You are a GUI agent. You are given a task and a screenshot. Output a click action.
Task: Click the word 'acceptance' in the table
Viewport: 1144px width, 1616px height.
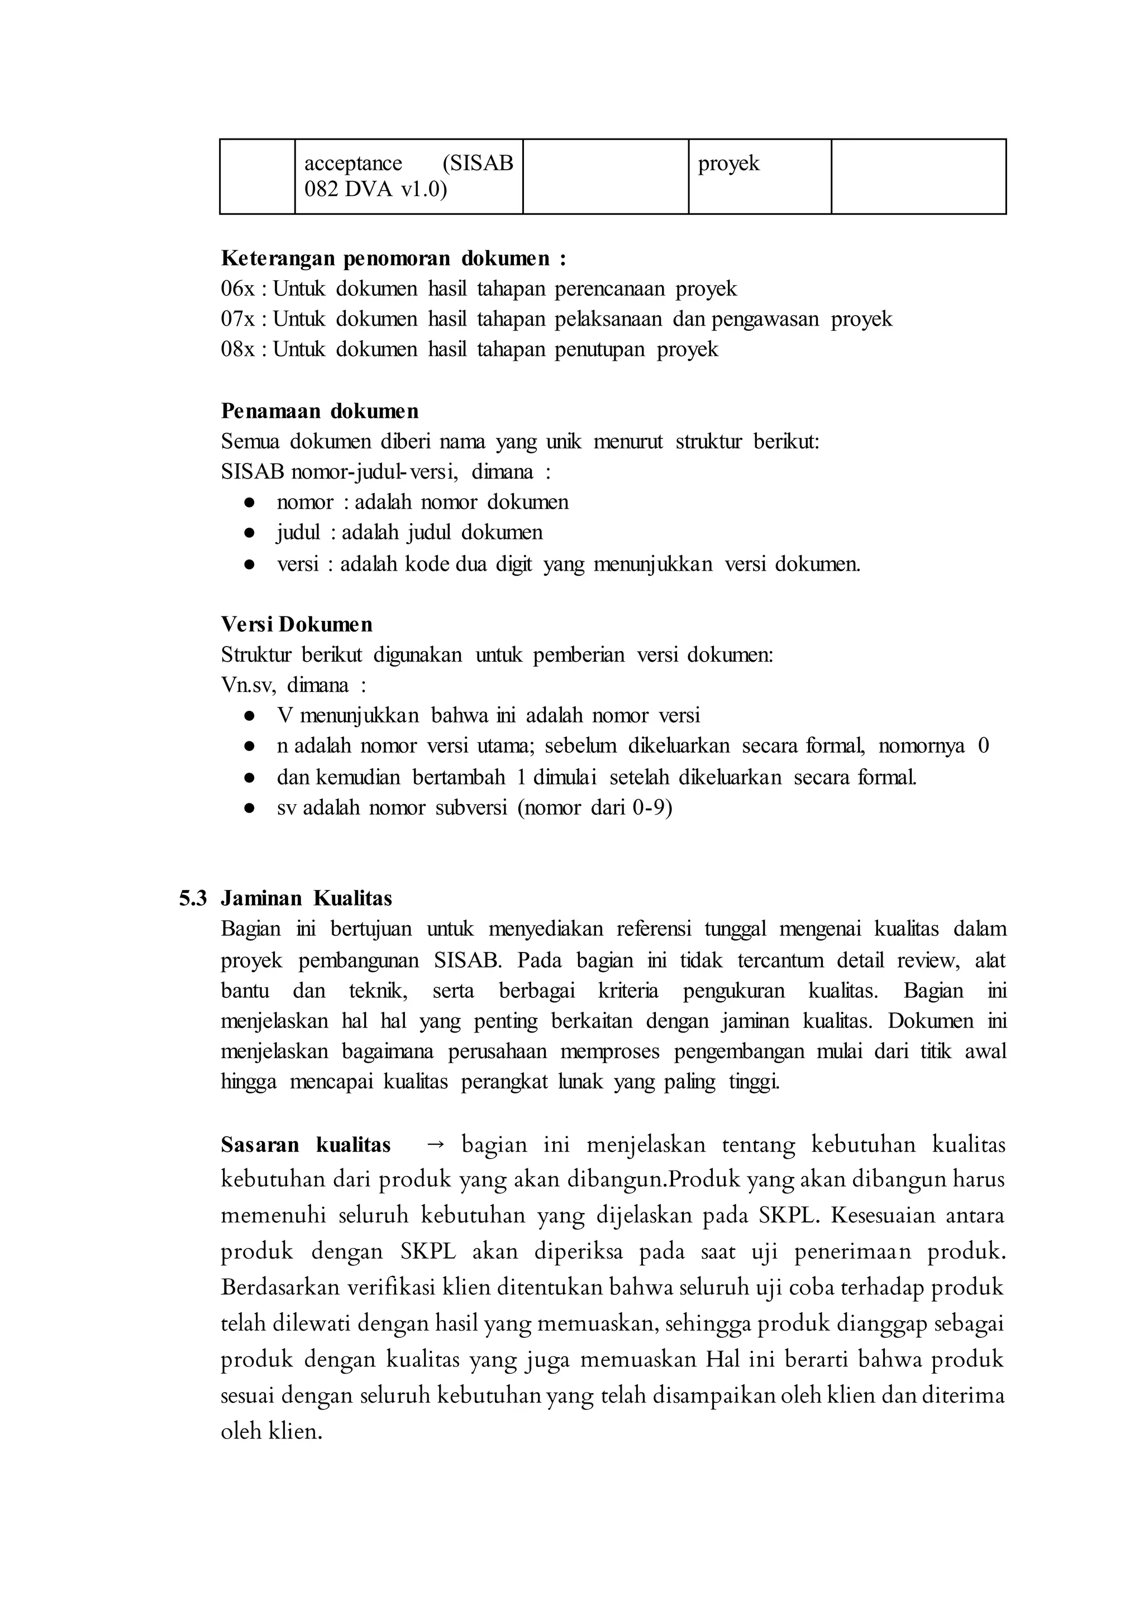click(x=353, y=164)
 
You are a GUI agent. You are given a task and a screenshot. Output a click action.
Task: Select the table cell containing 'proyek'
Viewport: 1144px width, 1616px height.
click(x=759, y=176)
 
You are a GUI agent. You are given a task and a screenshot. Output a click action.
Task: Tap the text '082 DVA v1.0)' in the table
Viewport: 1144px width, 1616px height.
click(x=375, y=190)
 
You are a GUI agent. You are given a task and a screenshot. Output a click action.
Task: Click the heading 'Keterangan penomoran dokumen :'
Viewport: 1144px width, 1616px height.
click(x=393, y=259)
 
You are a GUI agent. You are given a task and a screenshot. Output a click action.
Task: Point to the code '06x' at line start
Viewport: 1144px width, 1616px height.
click(x=237, y=289)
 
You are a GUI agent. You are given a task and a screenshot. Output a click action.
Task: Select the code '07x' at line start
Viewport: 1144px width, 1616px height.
click(x=237, y=319)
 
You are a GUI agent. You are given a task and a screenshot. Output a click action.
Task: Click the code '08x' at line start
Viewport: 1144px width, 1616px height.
click(x=237, y=349)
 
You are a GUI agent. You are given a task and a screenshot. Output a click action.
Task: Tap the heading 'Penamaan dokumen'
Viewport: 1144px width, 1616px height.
click(x=319, y=410)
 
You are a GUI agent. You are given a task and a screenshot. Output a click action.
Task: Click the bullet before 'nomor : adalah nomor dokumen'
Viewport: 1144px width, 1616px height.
click(x=249, y=503)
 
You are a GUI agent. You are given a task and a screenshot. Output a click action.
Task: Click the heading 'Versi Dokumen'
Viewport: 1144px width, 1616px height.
click(x=297, y=625)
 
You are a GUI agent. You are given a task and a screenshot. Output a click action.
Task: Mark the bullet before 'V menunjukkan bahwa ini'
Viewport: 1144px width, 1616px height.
click(x=249, y=716)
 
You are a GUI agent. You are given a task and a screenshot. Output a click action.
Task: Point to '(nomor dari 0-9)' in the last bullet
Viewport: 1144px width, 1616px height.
click(x=594, y=807)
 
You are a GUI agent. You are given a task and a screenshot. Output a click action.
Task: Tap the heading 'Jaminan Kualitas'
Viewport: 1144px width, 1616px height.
click(x=307, y=898)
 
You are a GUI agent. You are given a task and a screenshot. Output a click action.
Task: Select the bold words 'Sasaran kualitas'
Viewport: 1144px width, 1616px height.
click(x=306, y=1145)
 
